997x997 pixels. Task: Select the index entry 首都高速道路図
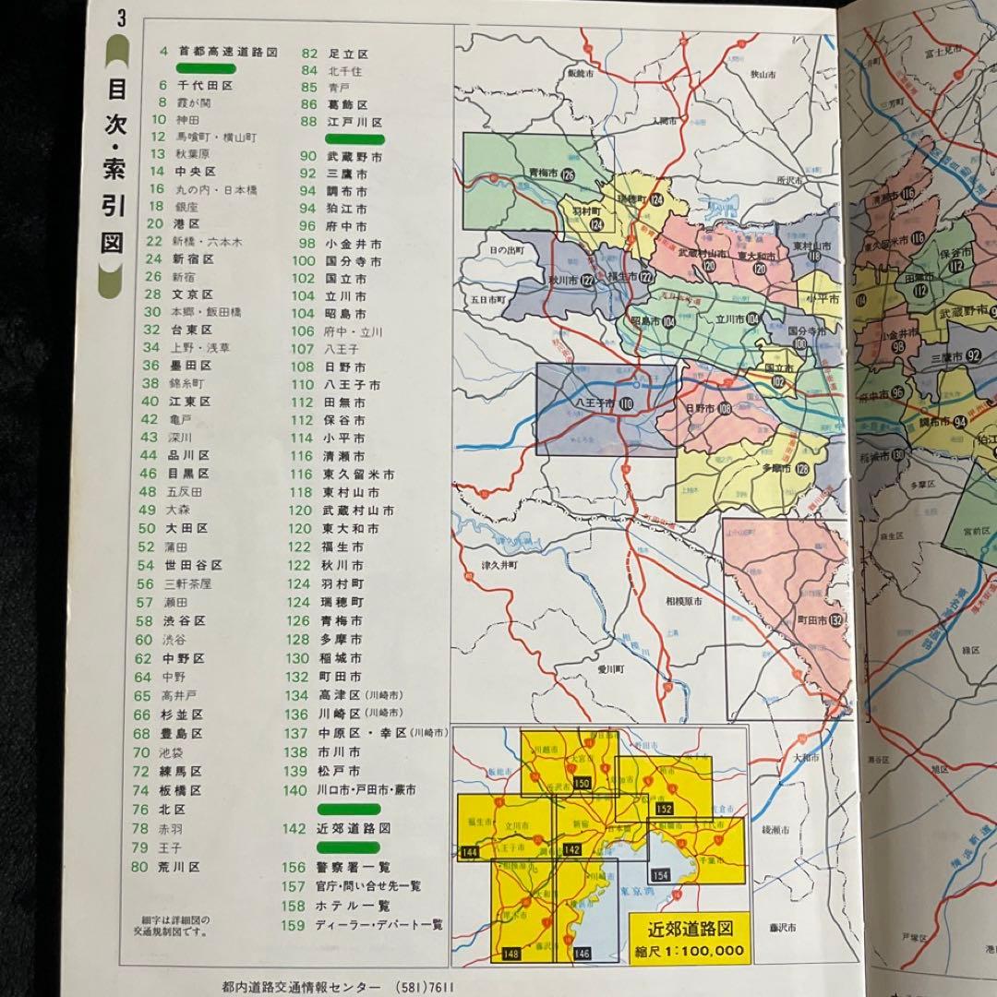point(228,52)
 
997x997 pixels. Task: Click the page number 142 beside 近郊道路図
point(294,829)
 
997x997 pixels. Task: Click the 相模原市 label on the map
point(683,601)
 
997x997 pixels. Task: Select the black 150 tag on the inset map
point(582,783)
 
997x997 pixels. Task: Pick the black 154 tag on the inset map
point(660,875)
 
